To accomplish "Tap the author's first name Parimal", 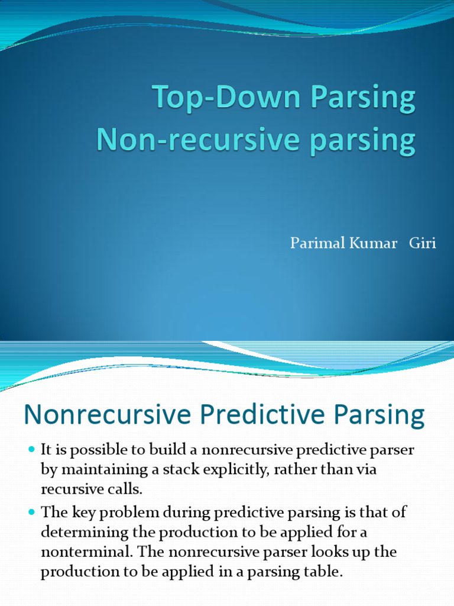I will tap(312, 243).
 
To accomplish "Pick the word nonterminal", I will tap(77, 552).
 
